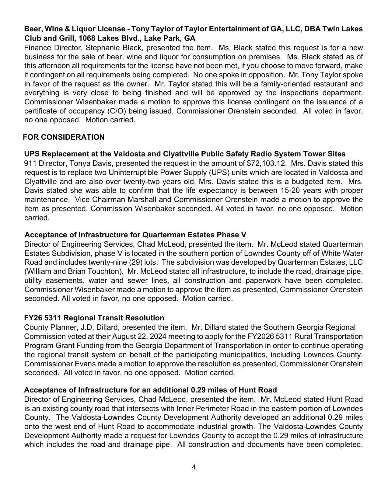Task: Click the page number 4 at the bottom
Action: pos(194,467)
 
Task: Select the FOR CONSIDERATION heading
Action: pos(64,137)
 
